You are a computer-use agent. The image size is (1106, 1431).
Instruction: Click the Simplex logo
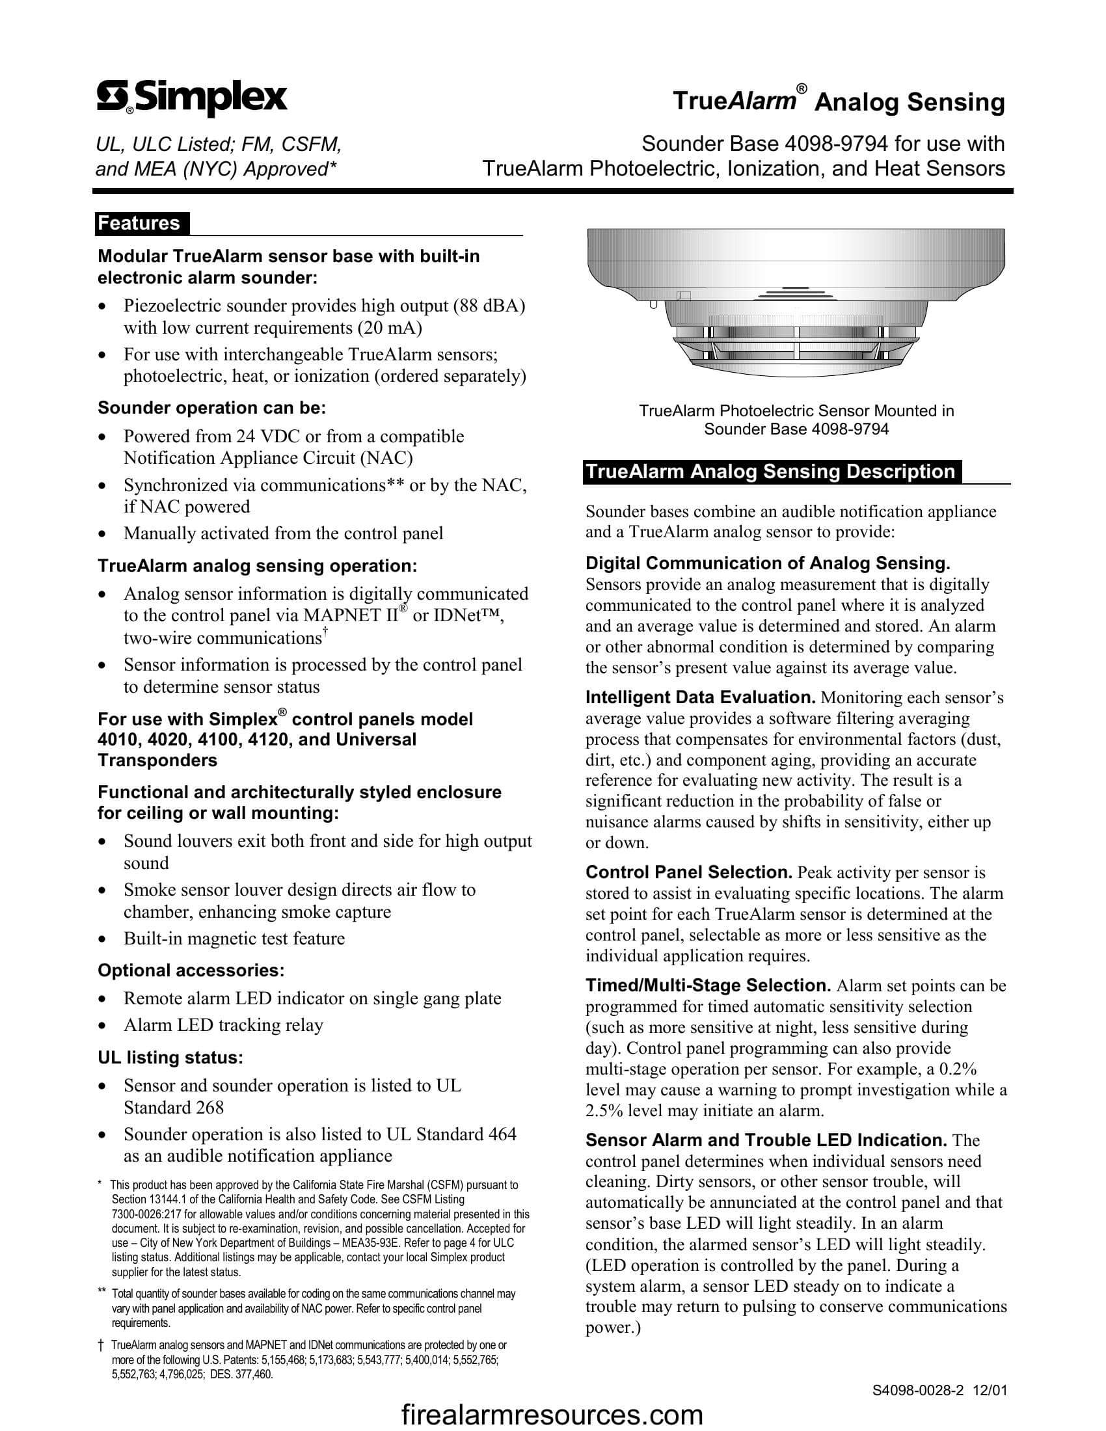click(x=192, y=99)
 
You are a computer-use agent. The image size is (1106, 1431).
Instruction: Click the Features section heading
click(x=139, y=223)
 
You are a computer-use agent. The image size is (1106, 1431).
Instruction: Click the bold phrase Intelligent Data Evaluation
click(x=700, y=697)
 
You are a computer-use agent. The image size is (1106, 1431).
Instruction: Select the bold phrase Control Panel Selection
click(x=688, y=873)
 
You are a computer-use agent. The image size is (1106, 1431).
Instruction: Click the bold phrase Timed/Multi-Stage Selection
click(x=708, y=985)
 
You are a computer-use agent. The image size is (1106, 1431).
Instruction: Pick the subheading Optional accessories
click(x=191, y=970)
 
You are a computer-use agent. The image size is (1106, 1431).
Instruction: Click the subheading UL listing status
click(x=170, y=1058)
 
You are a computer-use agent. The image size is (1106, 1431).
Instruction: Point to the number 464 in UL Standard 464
click(x=502, y=1134)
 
